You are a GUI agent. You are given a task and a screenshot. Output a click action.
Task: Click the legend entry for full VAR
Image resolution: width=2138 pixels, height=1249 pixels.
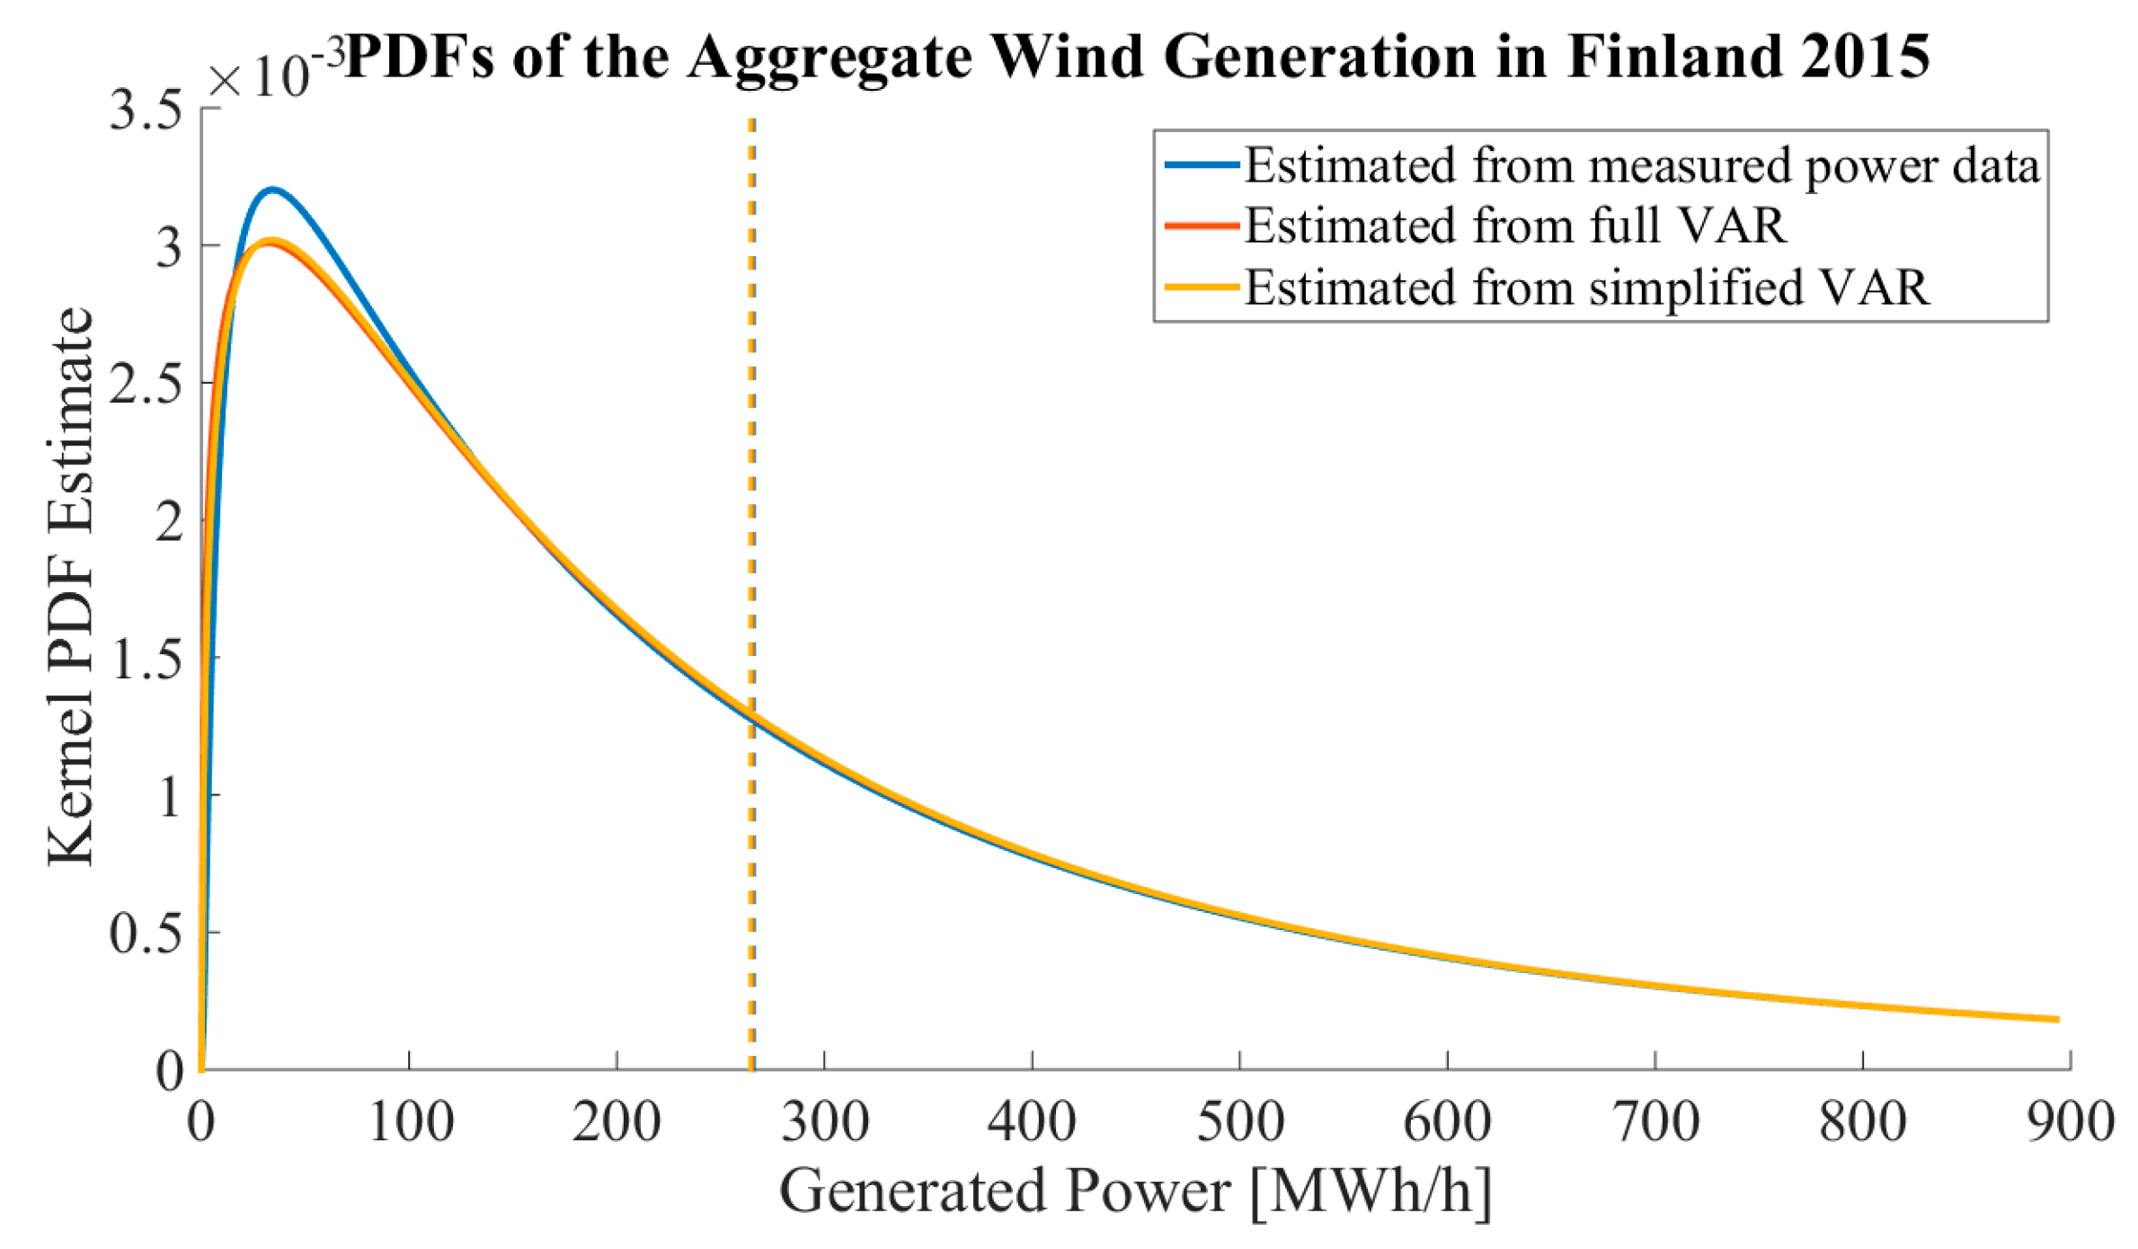(1515, 226)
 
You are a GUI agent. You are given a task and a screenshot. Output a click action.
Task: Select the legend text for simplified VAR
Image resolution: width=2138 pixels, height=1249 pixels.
(1586, 288)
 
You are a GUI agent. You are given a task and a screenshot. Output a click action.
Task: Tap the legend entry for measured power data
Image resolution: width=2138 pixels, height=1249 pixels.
(1641, 165)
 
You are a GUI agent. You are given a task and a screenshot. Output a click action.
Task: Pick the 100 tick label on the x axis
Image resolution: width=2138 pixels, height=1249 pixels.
(411, 1123)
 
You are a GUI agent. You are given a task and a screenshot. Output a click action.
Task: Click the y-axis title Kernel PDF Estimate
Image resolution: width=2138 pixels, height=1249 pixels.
(70, 587)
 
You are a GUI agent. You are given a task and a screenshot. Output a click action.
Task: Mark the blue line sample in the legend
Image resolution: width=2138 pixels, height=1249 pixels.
(1202, 165)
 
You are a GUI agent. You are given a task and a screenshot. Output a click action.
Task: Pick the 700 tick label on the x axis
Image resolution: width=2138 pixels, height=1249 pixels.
(1656, 1123)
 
